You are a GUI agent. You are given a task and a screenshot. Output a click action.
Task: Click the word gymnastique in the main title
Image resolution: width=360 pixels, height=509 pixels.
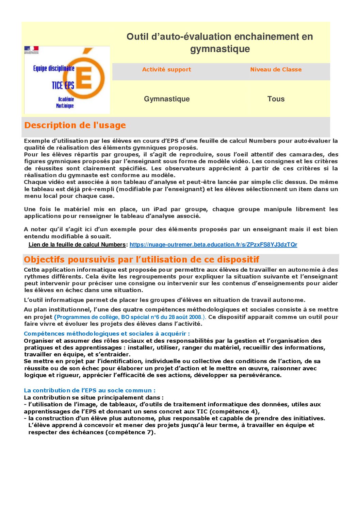pos(220,49)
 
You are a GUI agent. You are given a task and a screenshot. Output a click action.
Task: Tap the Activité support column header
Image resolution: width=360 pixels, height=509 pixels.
pos(166,70)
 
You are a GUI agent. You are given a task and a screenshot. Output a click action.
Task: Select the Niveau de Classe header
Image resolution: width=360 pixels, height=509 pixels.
pos(276,70)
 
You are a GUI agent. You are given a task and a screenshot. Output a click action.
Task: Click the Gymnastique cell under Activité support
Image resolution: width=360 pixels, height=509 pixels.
pos(167,99)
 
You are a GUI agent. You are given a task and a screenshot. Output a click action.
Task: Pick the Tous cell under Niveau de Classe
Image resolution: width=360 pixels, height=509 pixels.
pos(276,99)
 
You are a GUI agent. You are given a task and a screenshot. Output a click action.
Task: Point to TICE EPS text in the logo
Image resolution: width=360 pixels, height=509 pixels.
pos(63,85)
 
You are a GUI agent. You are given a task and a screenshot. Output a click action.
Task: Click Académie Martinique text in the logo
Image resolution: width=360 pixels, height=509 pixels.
pos(65,102)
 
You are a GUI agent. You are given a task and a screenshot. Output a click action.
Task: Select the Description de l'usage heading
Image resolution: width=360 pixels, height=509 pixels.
pos(75,125)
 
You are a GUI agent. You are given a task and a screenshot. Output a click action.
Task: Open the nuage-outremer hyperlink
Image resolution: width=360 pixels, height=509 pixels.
pos(213,245)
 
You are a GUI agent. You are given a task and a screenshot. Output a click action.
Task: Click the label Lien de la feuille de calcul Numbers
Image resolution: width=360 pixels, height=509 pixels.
pos(77,245)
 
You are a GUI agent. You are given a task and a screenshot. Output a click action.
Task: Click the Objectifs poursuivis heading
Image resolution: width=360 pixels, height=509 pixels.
pos(141,260)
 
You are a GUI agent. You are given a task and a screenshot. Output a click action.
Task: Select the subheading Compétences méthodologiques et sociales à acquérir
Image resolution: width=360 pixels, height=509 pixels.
pos(107,334)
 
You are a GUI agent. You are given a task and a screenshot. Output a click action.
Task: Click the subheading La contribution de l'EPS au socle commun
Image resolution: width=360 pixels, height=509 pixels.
pos(89,391)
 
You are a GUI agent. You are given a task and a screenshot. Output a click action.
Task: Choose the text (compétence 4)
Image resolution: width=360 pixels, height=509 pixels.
pos(234,412)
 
